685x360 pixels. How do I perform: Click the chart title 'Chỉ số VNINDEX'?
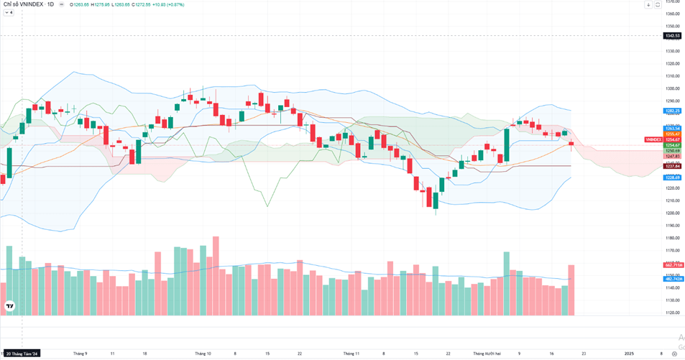point(22,4)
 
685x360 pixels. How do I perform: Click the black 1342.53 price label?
point(672,35)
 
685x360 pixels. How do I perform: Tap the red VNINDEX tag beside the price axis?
point(653,139)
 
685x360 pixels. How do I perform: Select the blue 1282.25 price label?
point(672,111)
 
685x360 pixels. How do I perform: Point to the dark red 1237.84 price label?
point(672,166)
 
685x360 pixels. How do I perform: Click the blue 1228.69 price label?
point(672,177)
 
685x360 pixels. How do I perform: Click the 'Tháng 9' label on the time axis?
point(81,354)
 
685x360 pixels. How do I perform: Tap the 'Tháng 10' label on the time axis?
point(203,354)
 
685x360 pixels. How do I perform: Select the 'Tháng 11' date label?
point(351,354)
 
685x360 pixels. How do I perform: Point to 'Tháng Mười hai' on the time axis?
point(487,354)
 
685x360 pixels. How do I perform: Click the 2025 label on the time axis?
point(629,354)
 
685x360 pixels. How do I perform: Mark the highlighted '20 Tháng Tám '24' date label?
point(22,354)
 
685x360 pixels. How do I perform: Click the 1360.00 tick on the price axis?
point(672,14)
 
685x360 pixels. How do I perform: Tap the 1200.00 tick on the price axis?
point(672,213)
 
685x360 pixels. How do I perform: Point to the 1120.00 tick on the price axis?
point(672,313)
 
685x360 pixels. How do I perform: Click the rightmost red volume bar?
point(571,290)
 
